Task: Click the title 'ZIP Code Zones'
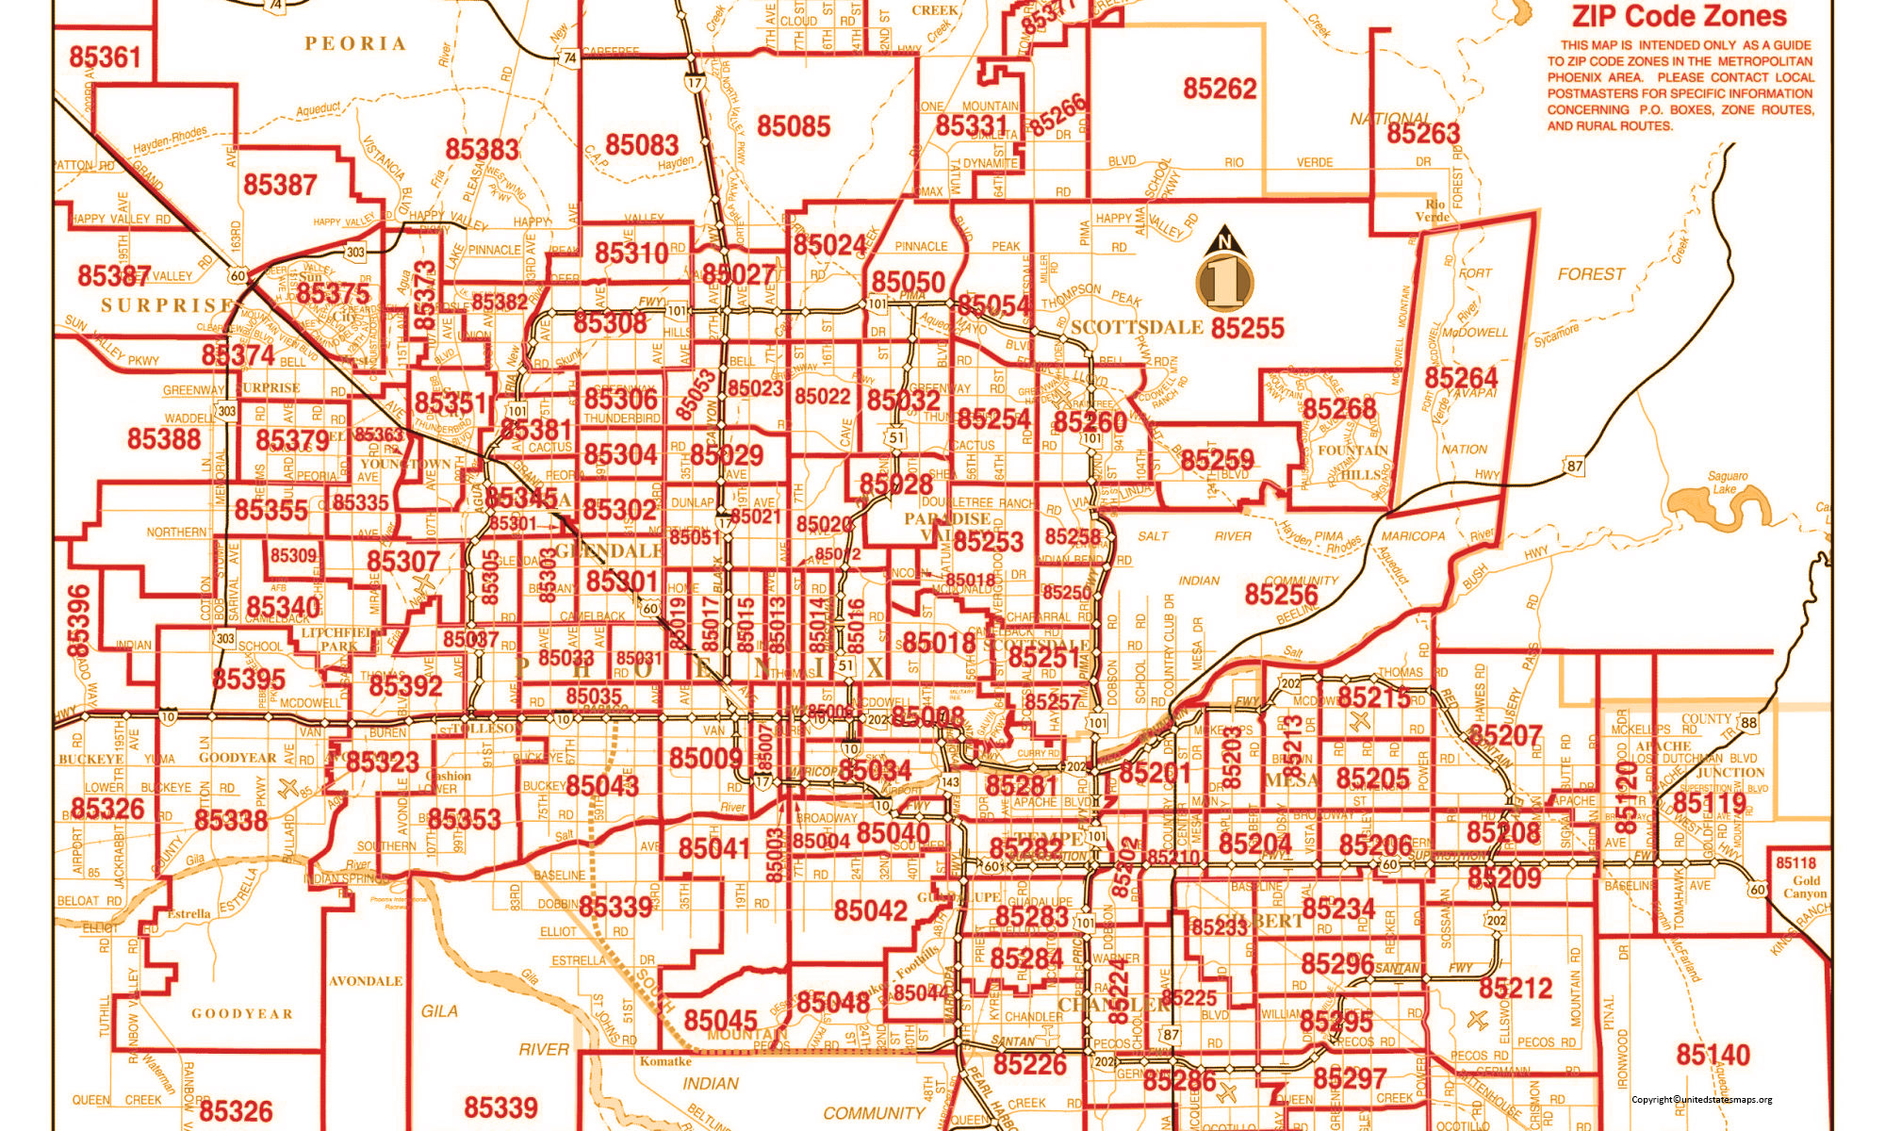pyautogui.click(x=1679, y=16)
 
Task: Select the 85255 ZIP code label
pyautogui.click(x=1247, y=328)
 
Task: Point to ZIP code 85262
pyautogui.click(x=1220, y=89)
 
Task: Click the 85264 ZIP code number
pyautogui.click(x=1460, y=378)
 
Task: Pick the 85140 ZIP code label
pyautogui.click(x=1713, y=1055)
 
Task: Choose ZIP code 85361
pyautogui.click(x=105, y=57)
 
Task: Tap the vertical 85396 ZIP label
pyautogui.click(x=79, y=620)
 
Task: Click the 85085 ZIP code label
pyautogui.click(x=794, y=126)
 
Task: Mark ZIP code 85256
pyautogui.click(x=1281, y=595)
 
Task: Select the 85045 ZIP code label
pyautogui.click(x=720, y=1021)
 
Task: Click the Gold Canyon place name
pyautogui.click(x=1804, y=887)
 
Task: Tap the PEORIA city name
pyautogui.click(x=355, y=43)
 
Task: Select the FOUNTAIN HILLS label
pyautogui.click(x=1352, y=463)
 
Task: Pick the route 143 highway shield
pyautogui.click(x=949, y=782)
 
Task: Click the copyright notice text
pyautogui.click(x=1701, y=1099)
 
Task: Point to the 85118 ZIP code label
pyautogui.click(x=1795, y=863)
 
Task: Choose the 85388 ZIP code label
pyautogui.click(x=164, y=438)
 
